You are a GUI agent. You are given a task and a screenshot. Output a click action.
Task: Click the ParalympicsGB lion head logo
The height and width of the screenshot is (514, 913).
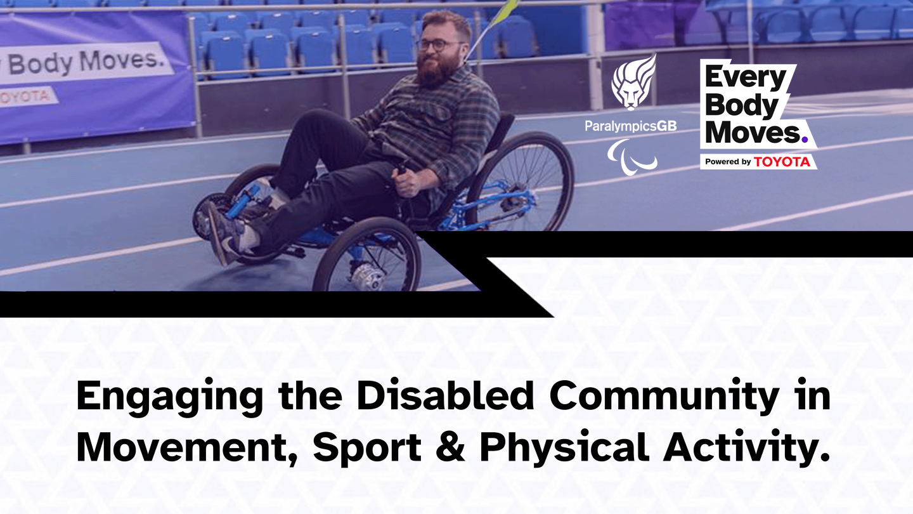633,82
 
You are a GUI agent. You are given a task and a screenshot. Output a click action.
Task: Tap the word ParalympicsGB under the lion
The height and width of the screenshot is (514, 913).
630,126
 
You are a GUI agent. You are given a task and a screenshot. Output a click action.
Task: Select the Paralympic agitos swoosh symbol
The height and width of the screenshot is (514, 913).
631,157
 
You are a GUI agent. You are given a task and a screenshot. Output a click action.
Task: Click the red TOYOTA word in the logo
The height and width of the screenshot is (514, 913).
782,162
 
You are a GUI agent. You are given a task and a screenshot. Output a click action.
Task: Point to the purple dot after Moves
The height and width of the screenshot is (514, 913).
805,140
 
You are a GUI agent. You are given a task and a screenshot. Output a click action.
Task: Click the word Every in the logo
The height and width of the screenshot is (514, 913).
746,78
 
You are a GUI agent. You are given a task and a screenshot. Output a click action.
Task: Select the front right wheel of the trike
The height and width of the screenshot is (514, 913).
367,255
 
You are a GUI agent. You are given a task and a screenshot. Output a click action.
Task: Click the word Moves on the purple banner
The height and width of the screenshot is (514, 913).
122,60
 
